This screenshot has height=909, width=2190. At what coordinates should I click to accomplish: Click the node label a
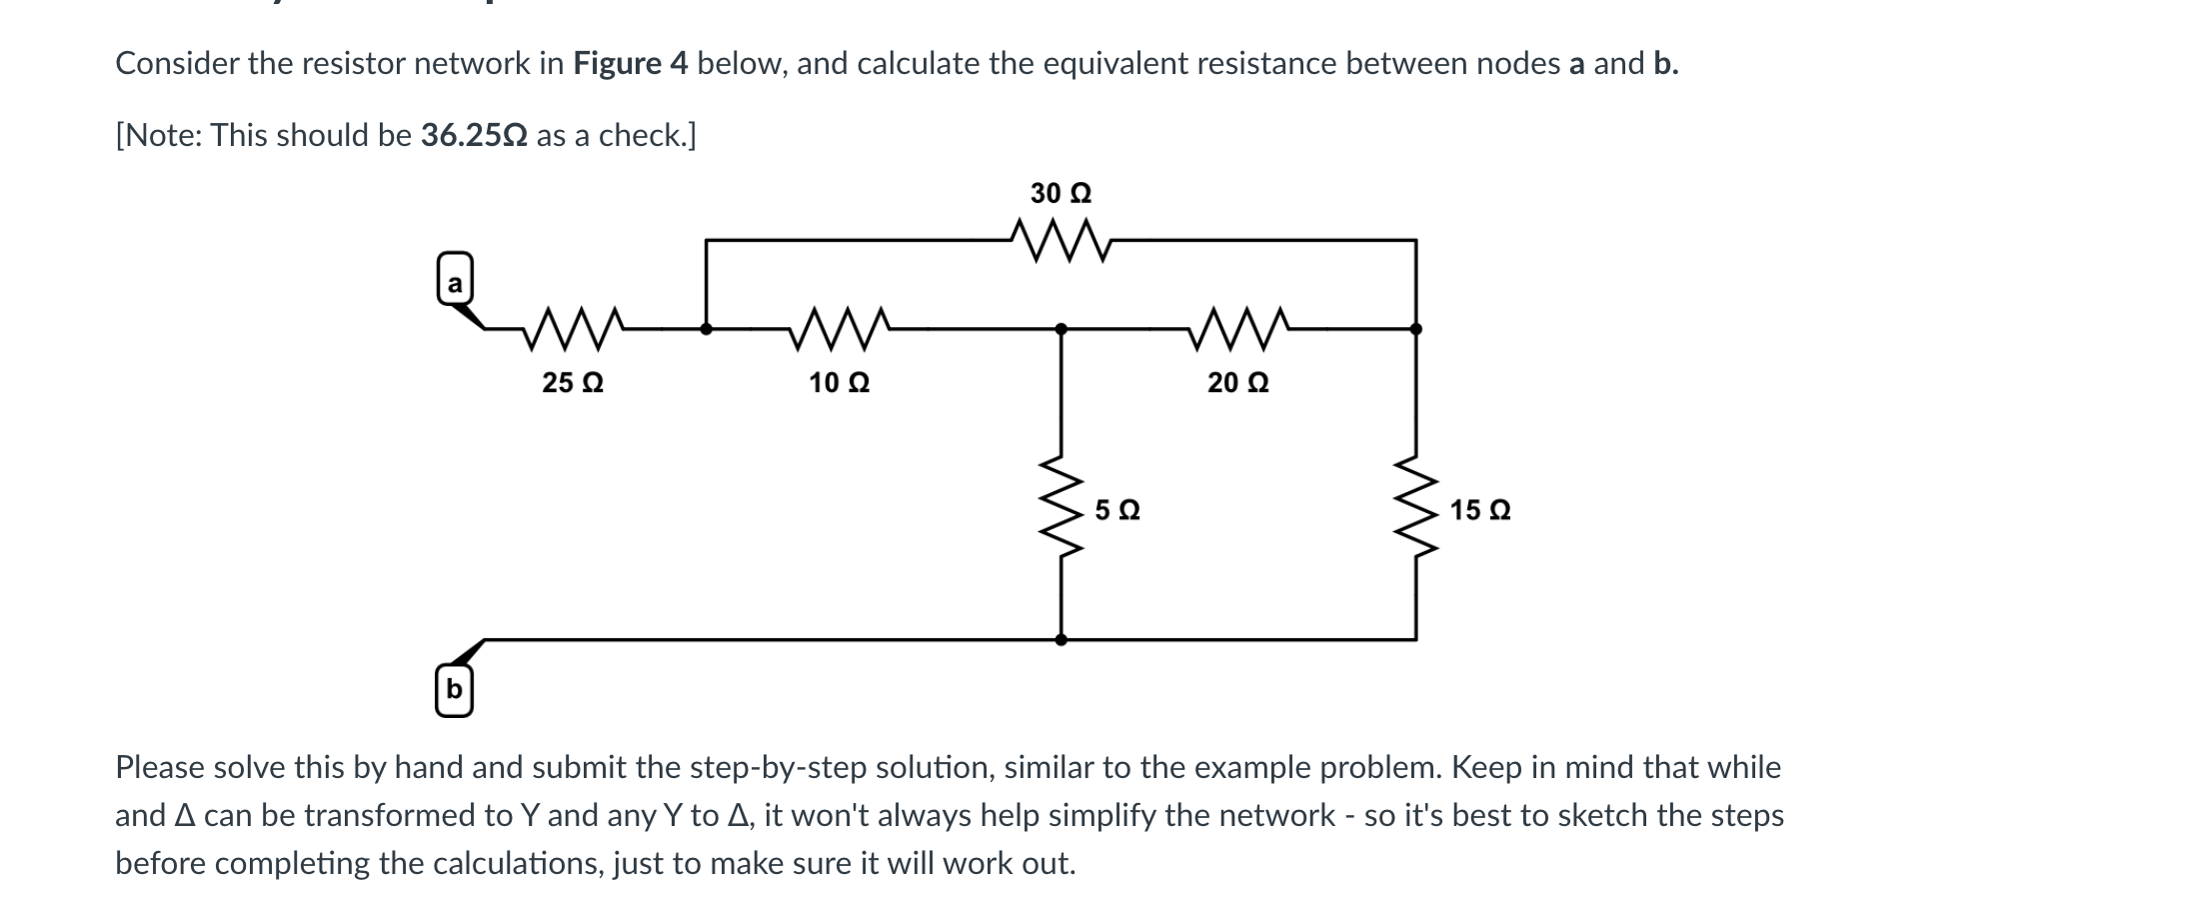[455, 284]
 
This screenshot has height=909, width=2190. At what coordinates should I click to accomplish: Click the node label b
[454, 690]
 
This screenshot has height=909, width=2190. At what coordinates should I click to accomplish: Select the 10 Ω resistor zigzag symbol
[839, 328]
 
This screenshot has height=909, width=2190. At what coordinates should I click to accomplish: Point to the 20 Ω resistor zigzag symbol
[1238, 328]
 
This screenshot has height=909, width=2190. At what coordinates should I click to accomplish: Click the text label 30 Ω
[1061, 192]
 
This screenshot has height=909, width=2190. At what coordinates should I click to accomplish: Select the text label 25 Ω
[572, 383]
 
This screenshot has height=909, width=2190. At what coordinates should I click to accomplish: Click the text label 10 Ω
[839, 383]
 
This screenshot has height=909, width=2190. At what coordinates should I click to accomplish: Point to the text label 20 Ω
[1237, 383]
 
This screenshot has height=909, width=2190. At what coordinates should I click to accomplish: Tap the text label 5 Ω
[1117, 511]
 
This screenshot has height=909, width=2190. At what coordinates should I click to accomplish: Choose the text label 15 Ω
[1480, 511]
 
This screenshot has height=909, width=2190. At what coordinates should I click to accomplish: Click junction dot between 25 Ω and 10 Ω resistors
[706, 328]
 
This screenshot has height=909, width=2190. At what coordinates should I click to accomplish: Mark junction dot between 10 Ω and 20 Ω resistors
[1061, 328]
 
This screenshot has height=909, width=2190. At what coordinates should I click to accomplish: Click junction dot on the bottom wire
[1061, 639]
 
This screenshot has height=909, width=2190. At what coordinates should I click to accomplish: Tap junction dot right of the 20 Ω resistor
[1415, 328]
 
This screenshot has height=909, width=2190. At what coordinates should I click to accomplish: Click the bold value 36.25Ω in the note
[474, 135]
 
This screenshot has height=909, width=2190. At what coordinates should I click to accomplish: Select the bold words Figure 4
[630, 64]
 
